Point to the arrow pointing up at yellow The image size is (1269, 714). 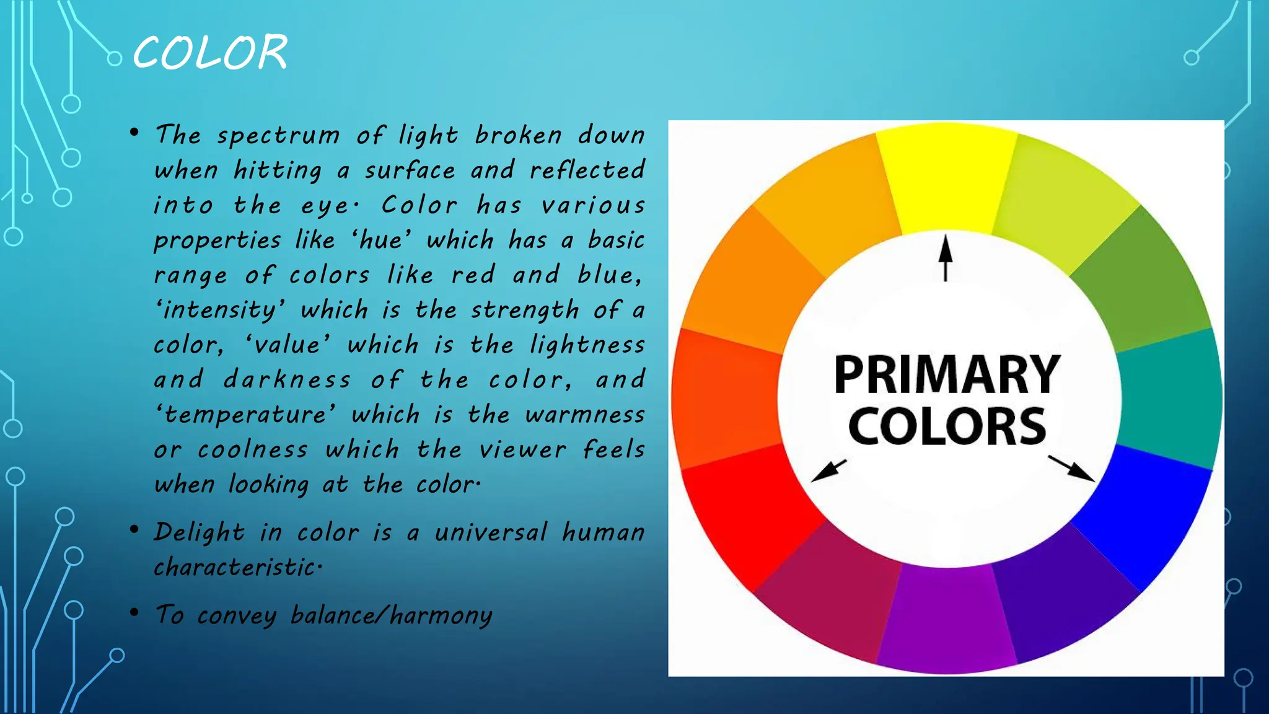click(945, 257)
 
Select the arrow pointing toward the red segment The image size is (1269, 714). click(828, 471)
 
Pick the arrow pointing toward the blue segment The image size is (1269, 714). click(1071, 469)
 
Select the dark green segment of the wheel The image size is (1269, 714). click(1140, 279)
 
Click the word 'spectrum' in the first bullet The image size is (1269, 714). click(278, 136)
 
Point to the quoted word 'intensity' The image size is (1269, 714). click(221, 310)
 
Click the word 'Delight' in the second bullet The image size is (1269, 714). click(200, 532)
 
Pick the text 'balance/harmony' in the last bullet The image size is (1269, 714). click(391, 615)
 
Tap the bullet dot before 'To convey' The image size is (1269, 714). click(134, 612)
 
